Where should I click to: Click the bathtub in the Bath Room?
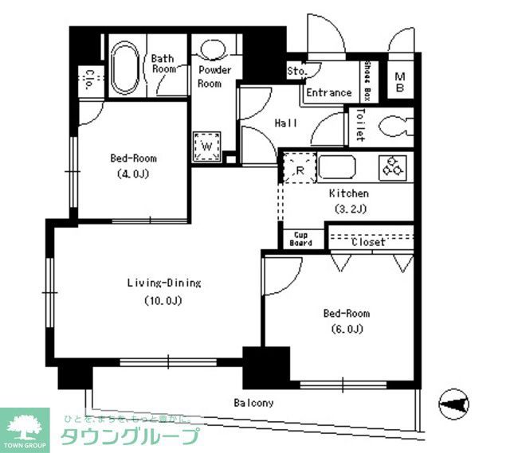point(125,68)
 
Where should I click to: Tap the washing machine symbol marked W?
point(206,146)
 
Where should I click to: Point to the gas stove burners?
point(393,166)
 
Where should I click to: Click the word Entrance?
point(329,92)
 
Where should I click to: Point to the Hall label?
point(286,123)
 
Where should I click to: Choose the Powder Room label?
point(214,76)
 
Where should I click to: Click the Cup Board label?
point(300,239)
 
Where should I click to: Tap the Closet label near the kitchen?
point(368,242)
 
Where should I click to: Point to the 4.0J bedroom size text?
point(132,173)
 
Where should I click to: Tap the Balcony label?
point(253,403)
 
